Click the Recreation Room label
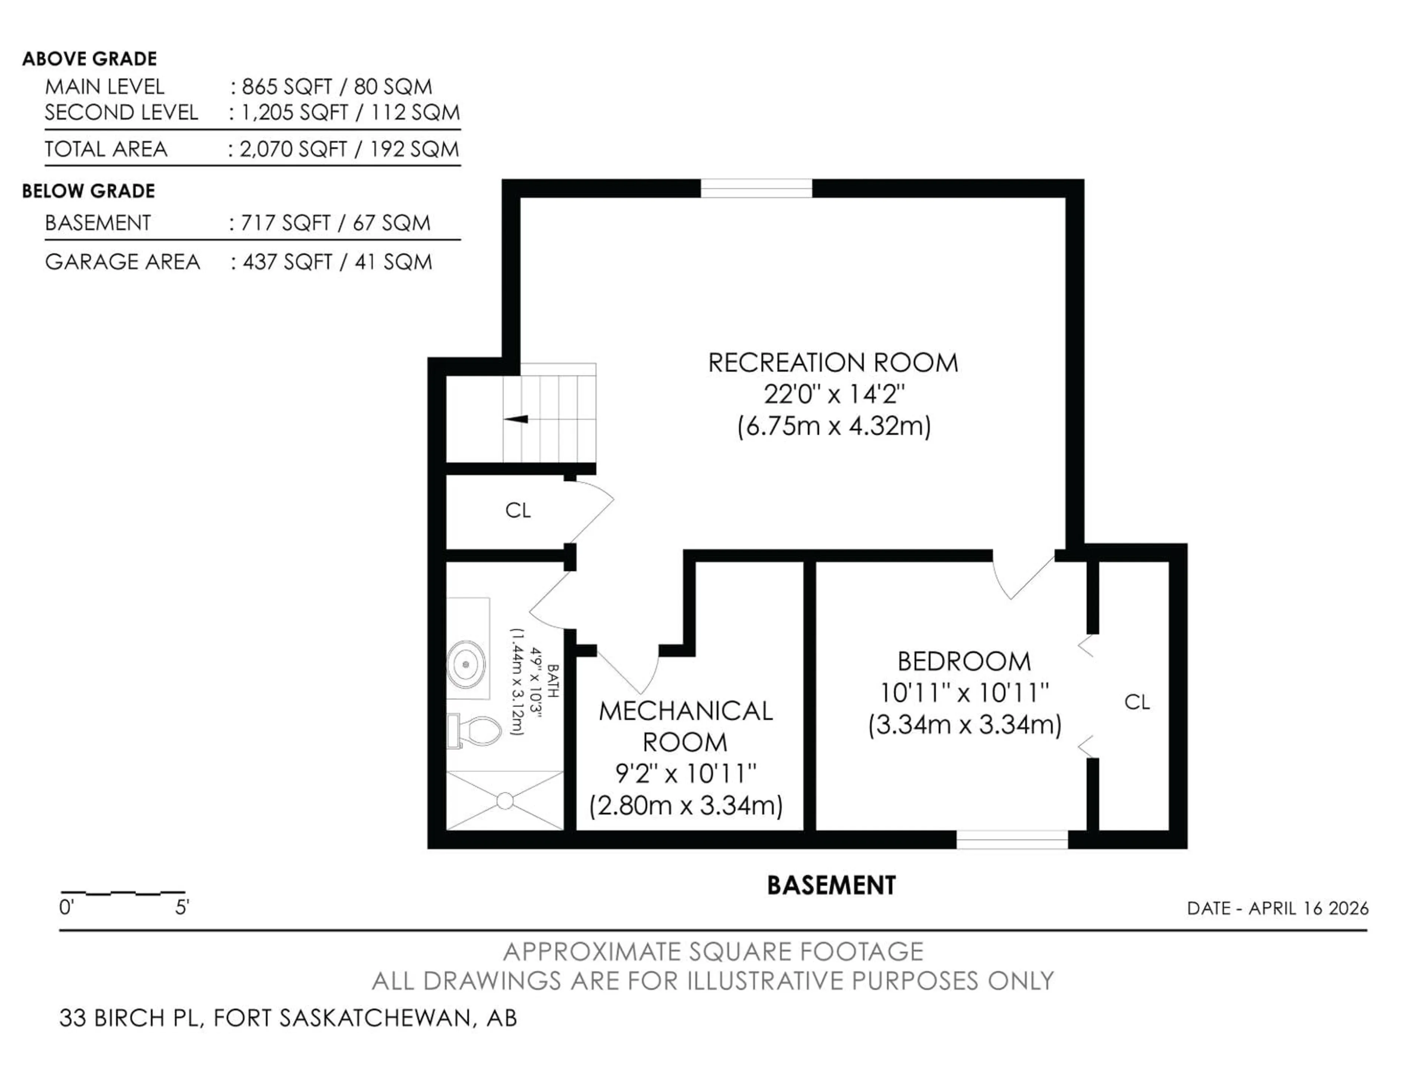[x=833, y=363]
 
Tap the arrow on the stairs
[x=517, y=419]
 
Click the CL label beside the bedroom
[x=1137, y=702]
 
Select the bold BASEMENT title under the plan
[x=831, y=885]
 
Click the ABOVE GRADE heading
[x=89, y=59]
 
